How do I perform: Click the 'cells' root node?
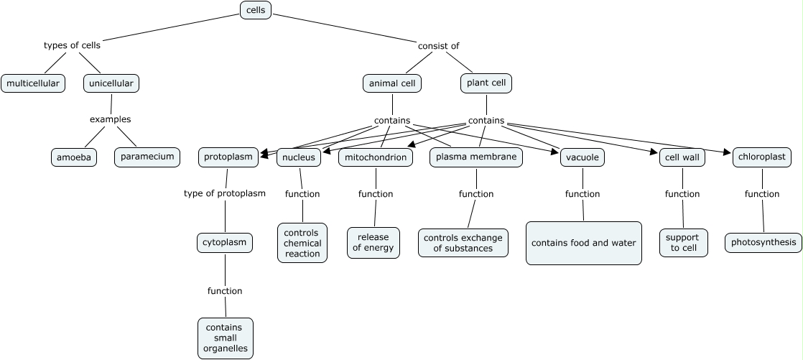coord(256,10)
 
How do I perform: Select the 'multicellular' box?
coord(33,83)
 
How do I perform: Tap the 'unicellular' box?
coord(111,83)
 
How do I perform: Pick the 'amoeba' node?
coord(74,157)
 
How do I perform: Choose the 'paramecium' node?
coord(147,156)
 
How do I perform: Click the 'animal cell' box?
coord(392,83)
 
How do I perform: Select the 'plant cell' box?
coord(486,83)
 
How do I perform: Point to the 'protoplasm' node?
coord(228,157)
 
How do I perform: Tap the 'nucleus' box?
coord(298,157)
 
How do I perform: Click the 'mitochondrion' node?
coord(376,157)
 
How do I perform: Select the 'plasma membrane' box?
coord(476,156)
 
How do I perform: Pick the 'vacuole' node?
coord(582,157)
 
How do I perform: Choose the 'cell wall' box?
coord(682,157)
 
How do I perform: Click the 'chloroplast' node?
coord(761,156)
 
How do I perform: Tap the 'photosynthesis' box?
coord(763,242)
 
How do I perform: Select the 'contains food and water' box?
coord(584,243)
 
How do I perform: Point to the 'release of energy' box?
coord(373,243)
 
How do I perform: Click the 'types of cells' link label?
coord(72,45)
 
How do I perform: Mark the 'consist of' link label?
coord(438,46)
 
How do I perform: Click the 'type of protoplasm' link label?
coord(225,193)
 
